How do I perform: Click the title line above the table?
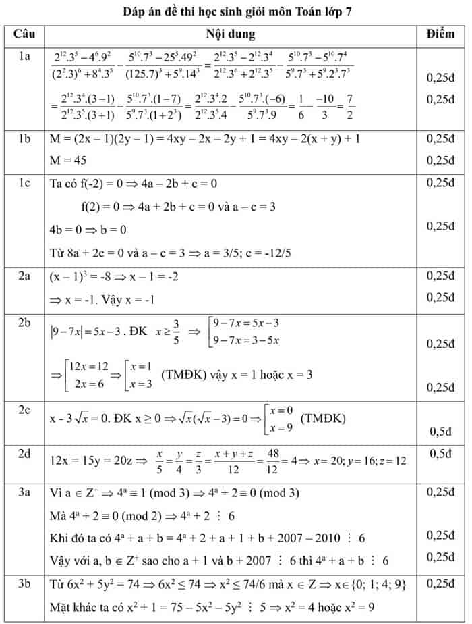[x=237, y=12]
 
